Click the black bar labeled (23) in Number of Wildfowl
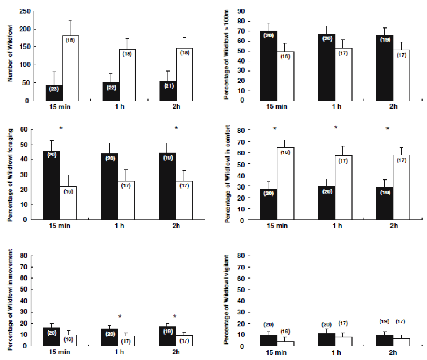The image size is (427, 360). pyautogui.click(x=54, y=93)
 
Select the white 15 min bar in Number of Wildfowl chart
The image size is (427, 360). pyautogui.click(x=70, y=68)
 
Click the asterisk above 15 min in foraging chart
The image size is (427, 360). pyautogui.click(x=61, y=128)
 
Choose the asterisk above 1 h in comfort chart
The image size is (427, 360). pyautogui.click(x=336, y=128)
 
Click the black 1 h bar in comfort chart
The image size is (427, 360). pyautogui.click(x=327, y=203)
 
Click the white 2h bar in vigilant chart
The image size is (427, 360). pyautogui.click(x=401, y=342)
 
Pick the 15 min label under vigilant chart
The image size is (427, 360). pyautogui.click(x=276, y=352)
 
